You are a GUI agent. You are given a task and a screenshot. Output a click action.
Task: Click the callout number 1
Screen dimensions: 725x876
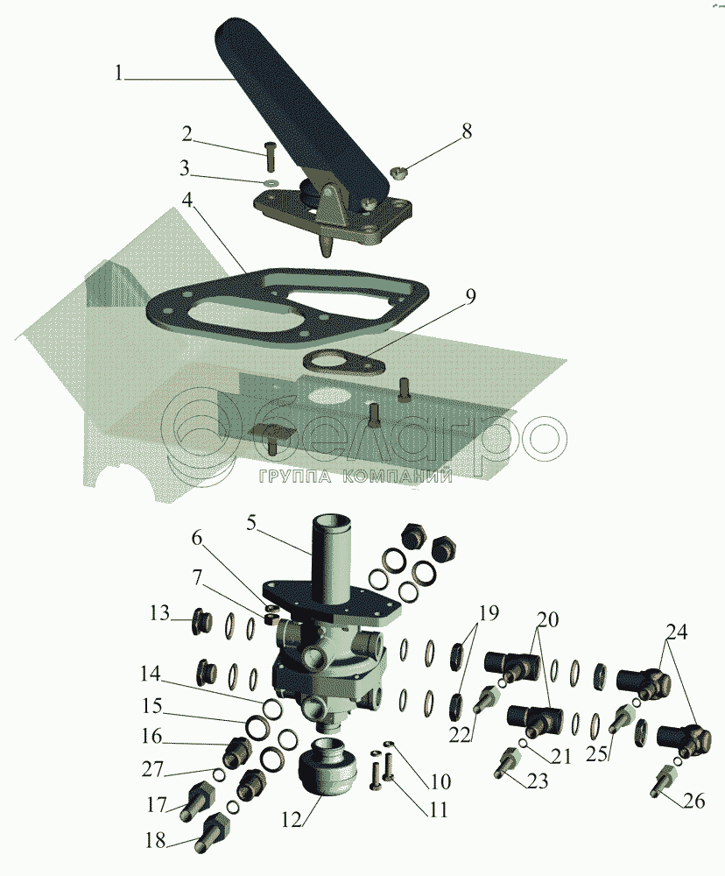[119, 74]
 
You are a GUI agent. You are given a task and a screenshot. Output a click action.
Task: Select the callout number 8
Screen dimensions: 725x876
[467, 131]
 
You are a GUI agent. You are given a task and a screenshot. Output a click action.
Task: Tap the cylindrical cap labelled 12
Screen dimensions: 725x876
[327, 770]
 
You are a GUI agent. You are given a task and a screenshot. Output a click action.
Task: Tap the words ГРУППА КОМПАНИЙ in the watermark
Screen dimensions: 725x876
[355, 477]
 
